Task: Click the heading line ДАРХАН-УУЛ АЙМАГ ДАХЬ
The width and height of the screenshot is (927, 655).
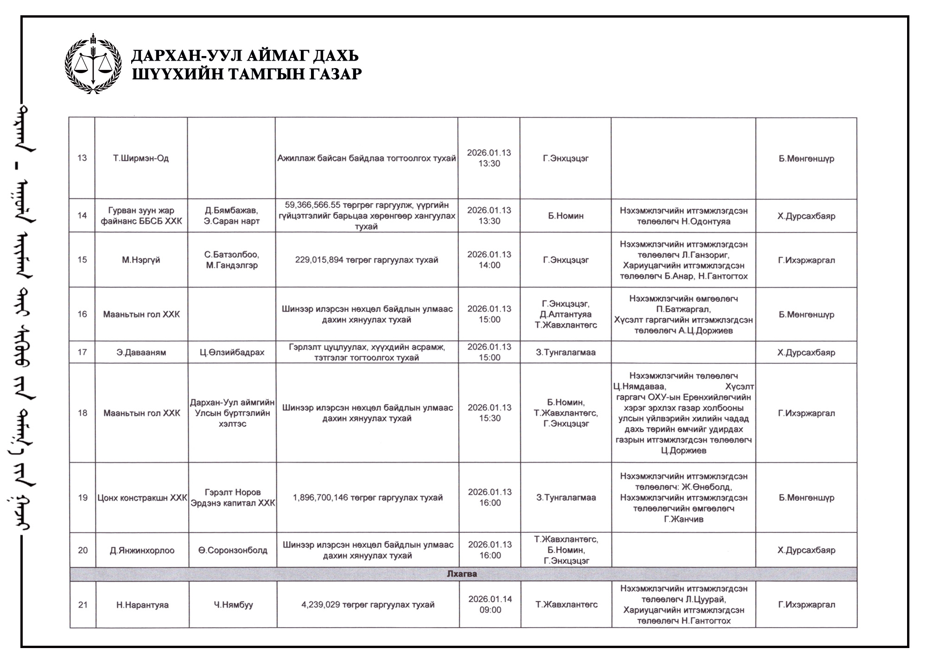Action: (x=245, y=56)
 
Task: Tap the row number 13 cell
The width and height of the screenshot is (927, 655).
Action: (x=82, y=158)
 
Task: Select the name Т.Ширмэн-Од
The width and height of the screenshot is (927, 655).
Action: (x=141, y=158)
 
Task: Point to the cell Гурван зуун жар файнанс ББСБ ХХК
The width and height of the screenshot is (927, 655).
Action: (x=141, y=216)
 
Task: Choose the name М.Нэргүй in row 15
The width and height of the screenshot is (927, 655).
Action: (x=141, y=260)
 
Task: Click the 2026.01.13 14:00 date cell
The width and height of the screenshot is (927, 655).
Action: (x=489, y=260)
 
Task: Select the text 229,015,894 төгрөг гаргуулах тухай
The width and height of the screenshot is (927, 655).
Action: (x=366, y=260)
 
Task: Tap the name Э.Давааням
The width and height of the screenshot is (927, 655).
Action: (x=141, y=353)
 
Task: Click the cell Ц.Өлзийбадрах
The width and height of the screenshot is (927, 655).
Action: (x=232, y=353)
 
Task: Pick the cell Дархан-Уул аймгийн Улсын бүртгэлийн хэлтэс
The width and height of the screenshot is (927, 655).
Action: (x=232, y=413)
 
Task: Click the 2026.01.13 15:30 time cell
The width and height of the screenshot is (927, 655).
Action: (x=489, y=413)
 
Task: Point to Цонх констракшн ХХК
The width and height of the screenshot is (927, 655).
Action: (x=142, y=498)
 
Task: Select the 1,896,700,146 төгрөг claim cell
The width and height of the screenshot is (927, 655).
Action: (x=368, y=498)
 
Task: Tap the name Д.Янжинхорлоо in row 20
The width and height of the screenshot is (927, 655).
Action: (x=142, y=550)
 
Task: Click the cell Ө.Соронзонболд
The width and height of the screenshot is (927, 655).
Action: (x=233, y=550)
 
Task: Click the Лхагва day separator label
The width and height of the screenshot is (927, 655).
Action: (x=462, y=574)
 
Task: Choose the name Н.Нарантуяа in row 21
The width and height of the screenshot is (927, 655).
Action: (x=142, y=605)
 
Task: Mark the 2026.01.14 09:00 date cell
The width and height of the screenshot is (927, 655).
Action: (x=490, y=605)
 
